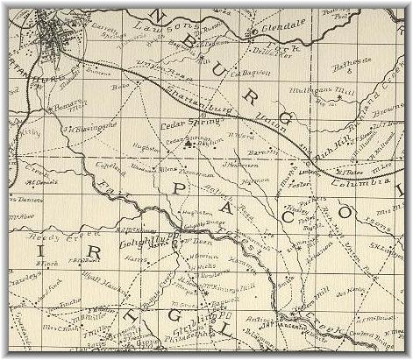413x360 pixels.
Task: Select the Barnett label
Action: (253, 151)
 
